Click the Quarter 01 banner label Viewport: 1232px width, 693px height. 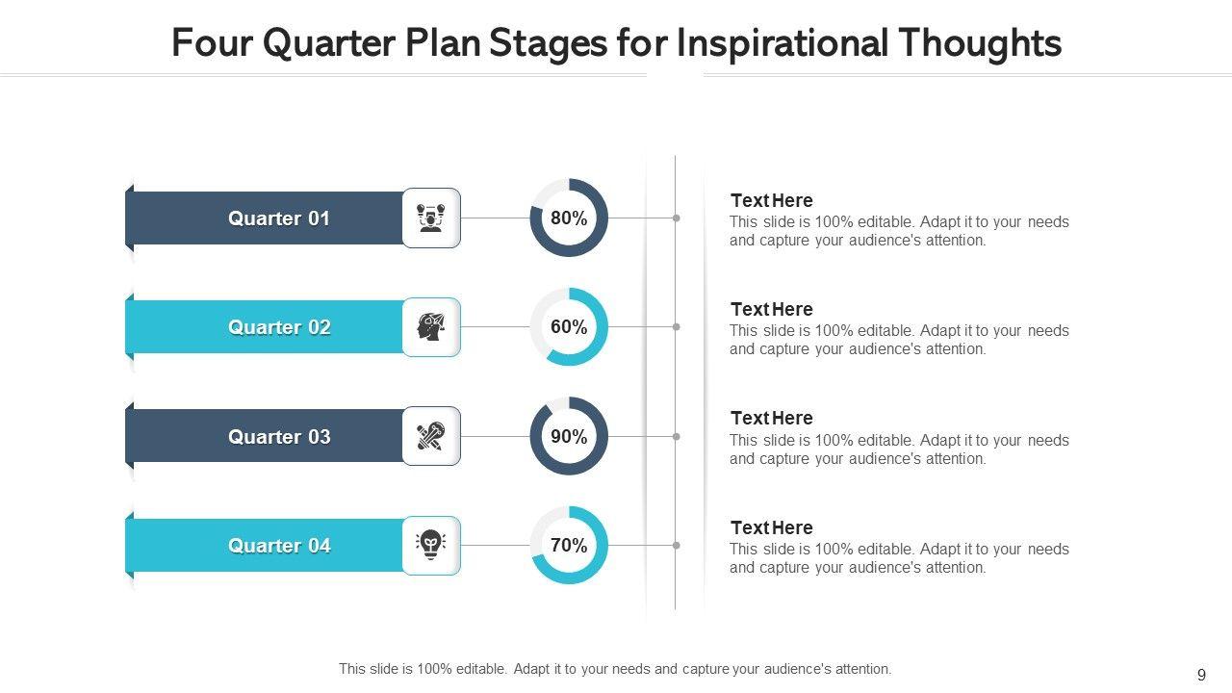(279, 218)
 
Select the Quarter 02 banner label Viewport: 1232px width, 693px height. (279, 327)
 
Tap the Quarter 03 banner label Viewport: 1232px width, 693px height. (279, 437)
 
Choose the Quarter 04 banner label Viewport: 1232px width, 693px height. (279, 546)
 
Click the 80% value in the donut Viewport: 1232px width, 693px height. (569, 218)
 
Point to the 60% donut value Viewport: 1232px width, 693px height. (569, 326)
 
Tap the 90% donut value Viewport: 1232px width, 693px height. (569, 436)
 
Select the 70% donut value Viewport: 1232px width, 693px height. (569, 545)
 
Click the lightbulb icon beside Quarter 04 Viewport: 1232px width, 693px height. (430, 545)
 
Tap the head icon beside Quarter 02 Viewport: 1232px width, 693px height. (430, 326)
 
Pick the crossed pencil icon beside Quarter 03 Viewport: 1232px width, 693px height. (430, 436)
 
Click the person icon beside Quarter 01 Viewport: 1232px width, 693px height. (430, 218)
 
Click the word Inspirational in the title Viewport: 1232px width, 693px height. (783, 43)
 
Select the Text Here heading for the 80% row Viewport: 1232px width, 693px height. (771, 200)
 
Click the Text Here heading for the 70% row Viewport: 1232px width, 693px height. (771, 527)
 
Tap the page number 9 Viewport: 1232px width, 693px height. (1202, 675)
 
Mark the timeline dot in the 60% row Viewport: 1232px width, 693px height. (676, 326)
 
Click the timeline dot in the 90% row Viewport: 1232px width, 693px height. (676, 436)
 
